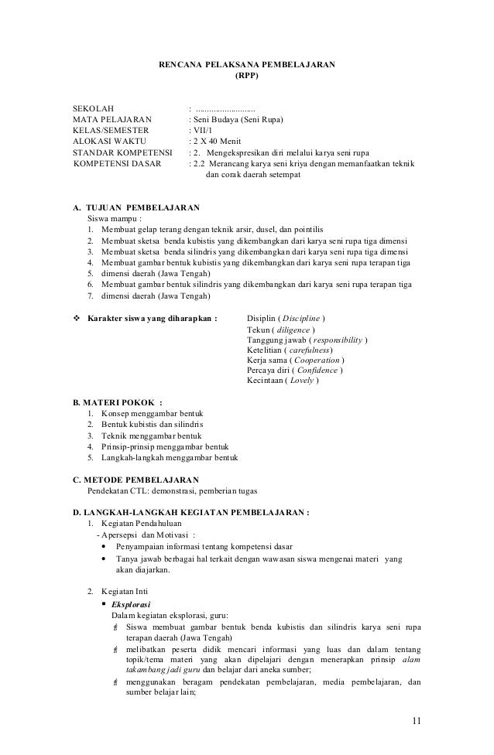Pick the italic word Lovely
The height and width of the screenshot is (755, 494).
(302, 380)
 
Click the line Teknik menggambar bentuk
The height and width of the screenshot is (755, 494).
(146, 436)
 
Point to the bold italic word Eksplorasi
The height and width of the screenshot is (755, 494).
(132, 603)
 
